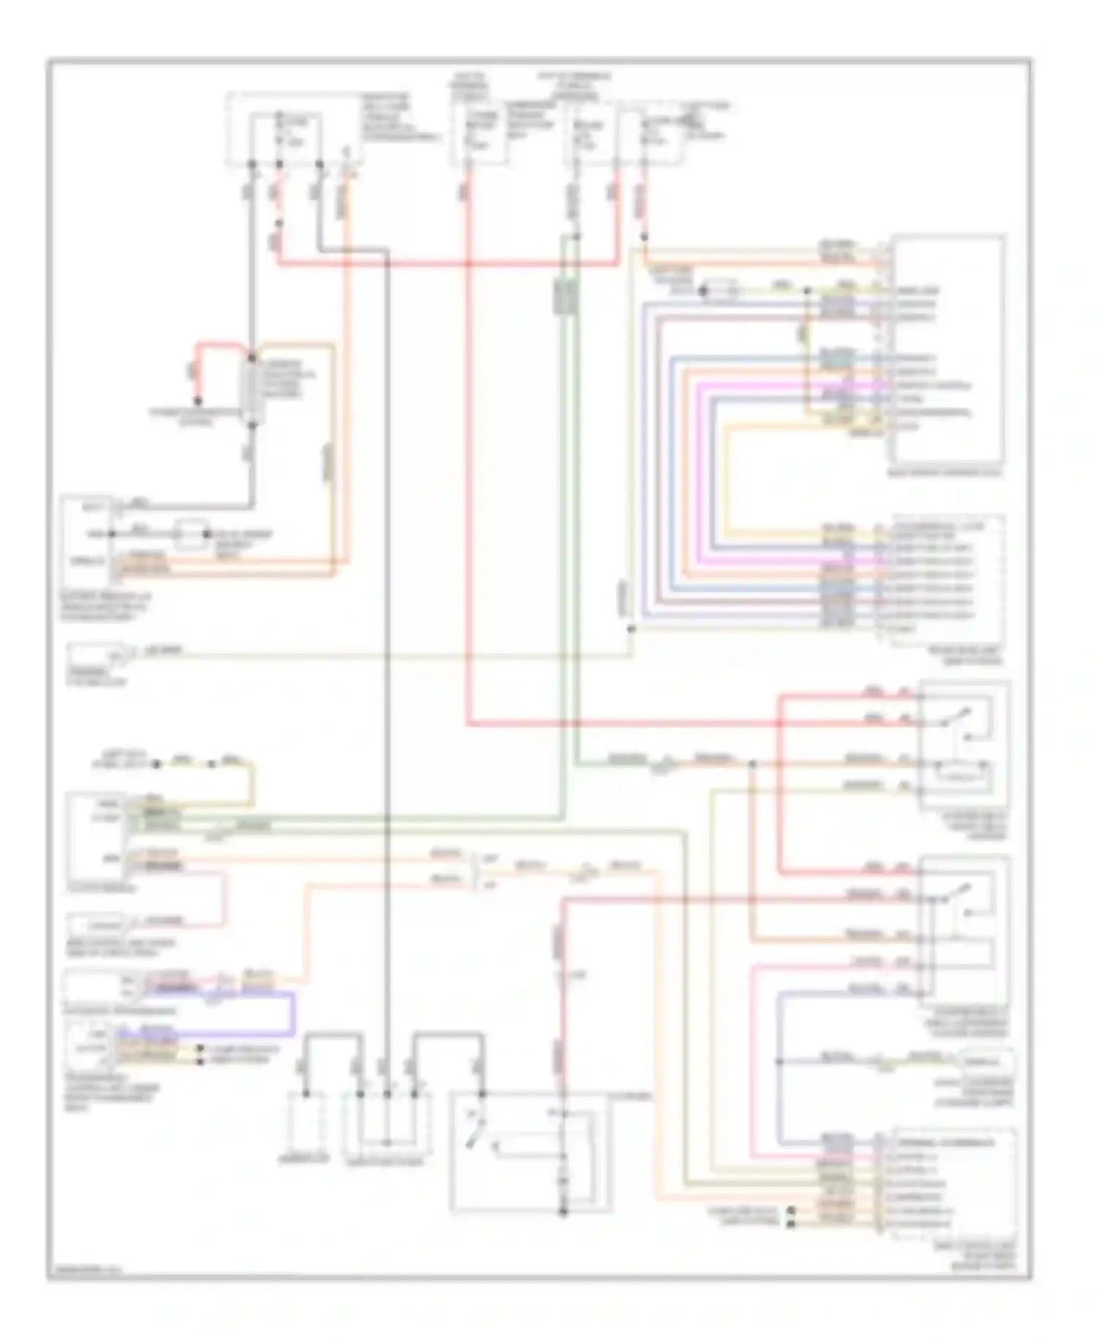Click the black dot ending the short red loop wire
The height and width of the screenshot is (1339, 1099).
[x=197, y=401]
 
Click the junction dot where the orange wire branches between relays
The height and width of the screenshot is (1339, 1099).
[x=752, y=765]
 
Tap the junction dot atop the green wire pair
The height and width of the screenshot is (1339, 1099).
[x=577, y=237]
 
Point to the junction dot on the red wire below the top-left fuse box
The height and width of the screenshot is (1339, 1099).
[x=278, y=224]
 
